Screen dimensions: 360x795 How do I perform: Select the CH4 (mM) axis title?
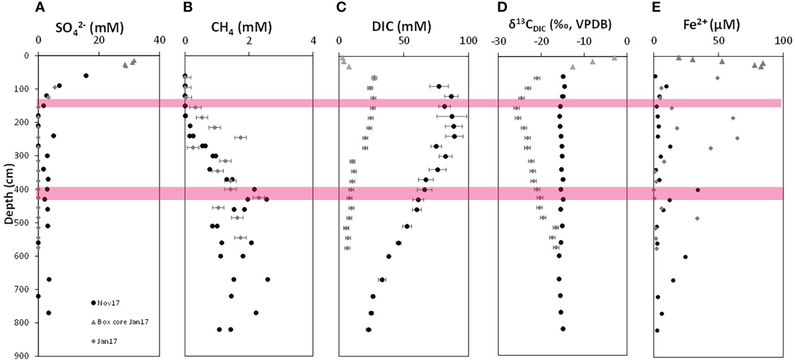tap(241, 27)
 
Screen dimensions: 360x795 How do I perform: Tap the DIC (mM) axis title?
tap(401, 26)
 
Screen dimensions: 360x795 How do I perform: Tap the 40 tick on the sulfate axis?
tap(159, 41)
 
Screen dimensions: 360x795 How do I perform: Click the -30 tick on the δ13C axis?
tap(499, 41)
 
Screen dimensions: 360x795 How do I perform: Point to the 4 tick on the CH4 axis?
tap(313, 41)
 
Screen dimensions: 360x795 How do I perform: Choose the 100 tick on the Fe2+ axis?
tap(782, 41)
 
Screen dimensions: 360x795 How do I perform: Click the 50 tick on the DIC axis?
tap(404, 41)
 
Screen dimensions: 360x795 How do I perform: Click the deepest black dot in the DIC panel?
tap(368, 330)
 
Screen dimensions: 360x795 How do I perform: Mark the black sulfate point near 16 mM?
tap(86, 76)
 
